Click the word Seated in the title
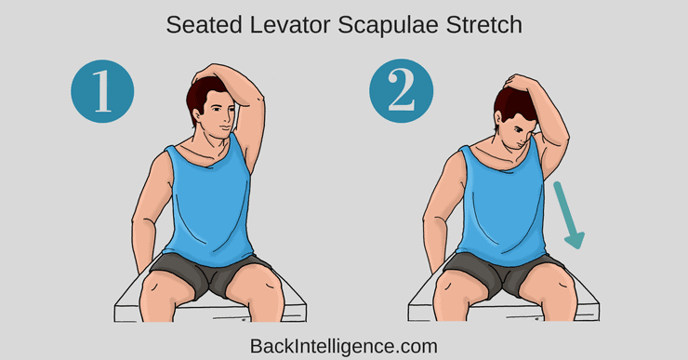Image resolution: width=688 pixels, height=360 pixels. pyautogui.click(x=204, y=25)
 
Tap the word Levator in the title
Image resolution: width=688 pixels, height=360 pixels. pyautogui.click(x=289, y=25)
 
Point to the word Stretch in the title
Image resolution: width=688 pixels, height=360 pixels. pyautogui.click(x=484, y=25)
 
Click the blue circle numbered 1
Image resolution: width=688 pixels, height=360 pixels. pyautogui.click(x=102, y=91)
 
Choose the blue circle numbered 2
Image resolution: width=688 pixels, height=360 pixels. pyautogui.click(x=401, y=91)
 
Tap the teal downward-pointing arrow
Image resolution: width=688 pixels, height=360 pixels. pyautogui.click(x=568, y=215)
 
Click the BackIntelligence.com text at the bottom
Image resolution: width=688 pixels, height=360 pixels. pyautogui.click(x=344, y=346)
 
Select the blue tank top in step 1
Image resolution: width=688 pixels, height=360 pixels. pyautogui.click(x=209, y=202)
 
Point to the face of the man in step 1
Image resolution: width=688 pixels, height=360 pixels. pyautogui.click(x=218, y=115)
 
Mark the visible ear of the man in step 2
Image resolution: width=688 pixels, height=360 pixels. pyautogui.click(x=499, y=121)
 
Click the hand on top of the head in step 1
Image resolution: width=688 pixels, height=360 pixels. pyautogui.click(x=210, y=73)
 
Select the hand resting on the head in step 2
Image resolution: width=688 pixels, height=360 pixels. pyautogui.click(x=518, y=82)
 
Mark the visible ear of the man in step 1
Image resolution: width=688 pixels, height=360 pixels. pyautogui.click(x=196, y=115)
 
